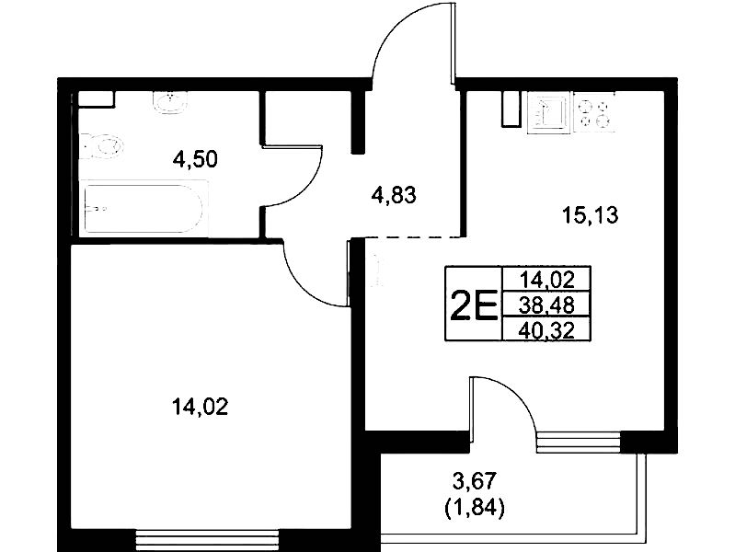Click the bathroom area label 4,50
[195, 159]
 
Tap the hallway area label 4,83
[394, 195]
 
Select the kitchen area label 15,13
[591, 215]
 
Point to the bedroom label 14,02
[201, 406]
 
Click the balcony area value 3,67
[474, 481]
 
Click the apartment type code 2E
[474, 305]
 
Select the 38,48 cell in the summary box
[546, 305]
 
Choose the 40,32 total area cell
[546, 330]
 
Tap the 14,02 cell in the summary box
[546, 280]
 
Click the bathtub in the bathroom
[144, 208]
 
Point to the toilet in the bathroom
[101, 146]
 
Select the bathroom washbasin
[170, 103]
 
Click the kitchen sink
[549, 112]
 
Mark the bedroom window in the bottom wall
[206, 541]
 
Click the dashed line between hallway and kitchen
[413, 237]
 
